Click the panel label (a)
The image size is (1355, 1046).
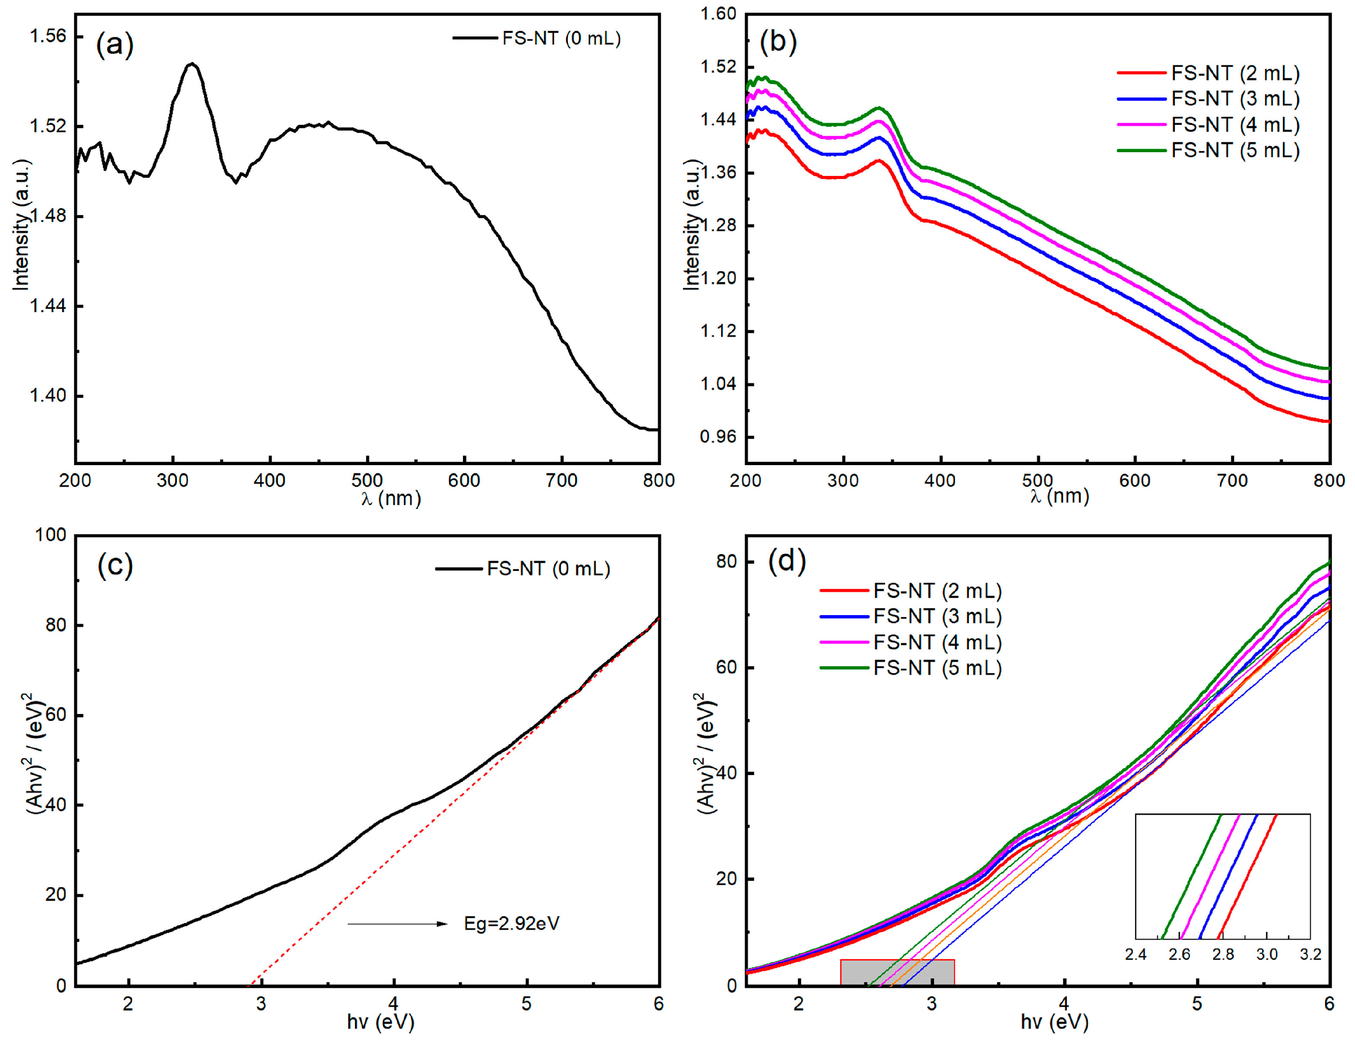coord(115,45)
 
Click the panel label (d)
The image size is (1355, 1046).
coord(787,561)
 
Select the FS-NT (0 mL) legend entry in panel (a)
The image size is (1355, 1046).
coord(537,39)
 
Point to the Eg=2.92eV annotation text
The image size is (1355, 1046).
coord(512,924)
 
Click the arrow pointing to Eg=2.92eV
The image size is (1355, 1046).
coord(397,924)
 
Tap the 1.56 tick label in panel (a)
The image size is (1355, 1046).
coord(48,36)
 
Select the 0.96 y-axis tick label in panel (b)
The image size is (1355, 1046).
coord(719,437)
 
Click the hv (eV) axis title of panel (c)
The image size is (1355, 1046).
coord(381,1022)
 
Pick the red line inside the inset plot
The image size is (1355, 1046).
coord(1247,877)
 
